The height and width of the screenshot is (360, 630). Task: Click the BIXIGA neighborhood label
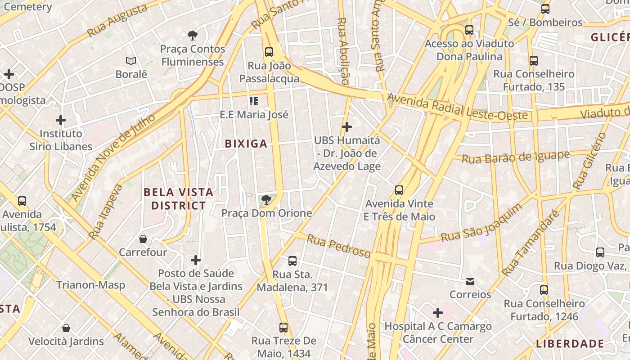click(246, 144)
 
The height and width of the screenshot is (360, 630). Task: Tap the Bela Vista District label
click(178, 199)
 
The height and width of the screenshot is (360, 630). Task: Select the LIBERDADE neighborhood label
click(570, 344)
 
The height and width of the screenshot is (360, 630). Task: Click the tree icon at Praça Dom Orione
click(266, 199)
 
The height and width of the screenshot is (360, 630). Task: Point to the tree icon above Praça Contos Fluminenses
click(193, 35)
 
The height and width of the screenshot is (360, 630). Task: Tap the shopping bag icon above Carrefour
click(143, 238)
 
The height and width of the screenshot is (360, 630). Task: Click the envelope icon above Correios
click(470, 281)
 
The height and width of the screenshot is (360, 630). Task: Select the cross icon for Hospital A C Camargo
click(437, 312)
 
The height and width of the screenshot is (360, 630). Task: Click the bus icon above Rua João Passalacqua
click(269, 52)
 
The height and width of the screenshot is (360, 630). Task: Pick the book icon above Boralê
click(131, 61)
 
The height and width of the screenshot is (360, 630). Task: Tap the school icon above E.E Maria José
click(254, 101)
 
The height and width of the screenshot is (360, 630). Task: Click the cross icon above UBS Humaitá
click(346, 127)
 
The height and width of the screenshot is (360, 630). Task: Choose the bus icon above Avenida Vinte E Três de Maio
click(399, 190)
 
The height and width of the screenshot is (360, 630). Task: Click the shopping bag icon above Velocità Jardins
click(66, 328)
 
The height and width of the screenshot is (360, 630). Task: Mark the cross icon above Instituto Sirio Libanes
click(61, 120)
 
